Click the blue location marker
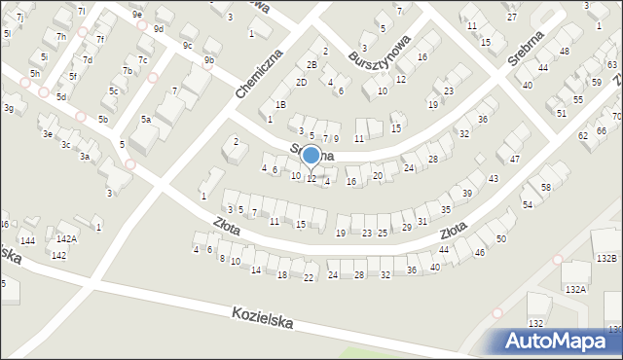[x=311, y=155]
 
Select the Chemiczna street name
[x=258, y=74]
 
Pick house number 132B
[x=607, y=258]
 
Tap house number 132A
[x=576, y=289]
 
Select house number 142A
[x=66, y=238]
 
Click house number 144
[x=28, y=240]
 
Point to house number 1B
[x=280, y=104]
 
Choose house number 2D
[x=302, y=82]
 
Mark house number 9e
[x=138, y=15]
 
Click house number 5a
[x=146, y=120]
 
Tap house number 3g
[x=9, y=108]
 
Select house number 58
[x=546, y=187]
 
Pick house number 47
[x=515, y=159]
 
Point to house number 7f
[x=100, y=40]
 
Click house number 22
[x=309, y=279]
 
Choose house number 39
[x=467, y=194]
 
